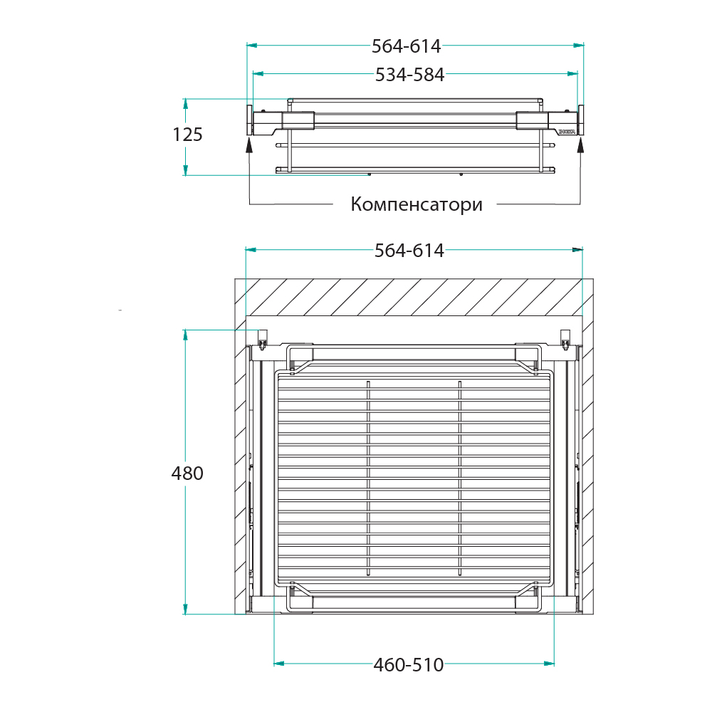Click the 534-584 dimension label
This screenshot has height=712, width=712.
[x=409, y=75]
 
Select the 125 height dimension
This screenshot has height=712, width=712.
[x=187, y=135]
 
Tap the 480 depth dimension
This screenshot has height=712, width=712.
[x=187, y=473]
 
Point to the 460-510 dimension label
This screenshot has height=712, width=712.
[x=409, y=665]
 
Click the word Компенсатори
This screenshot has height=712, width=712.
[x=417, y=204]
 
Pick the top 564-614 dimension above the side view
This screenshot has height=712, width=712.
[x=407, y=46]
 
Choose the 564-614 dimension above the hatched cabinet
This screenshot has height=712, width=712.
[x=409, y=251]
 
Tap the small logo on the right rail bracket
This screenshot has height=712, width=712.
[x=567, y=132]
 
